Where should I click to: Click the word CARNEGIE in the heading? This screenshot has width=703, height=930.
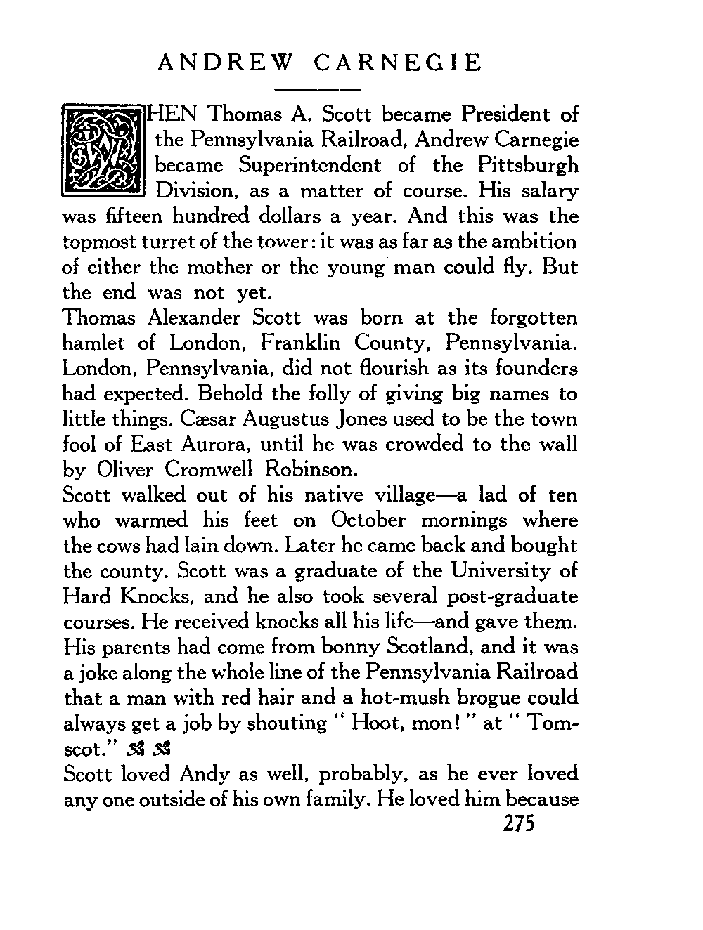pos(398,63)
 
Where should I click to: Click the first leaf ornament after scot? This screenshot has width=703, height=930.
pos(137,749)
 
